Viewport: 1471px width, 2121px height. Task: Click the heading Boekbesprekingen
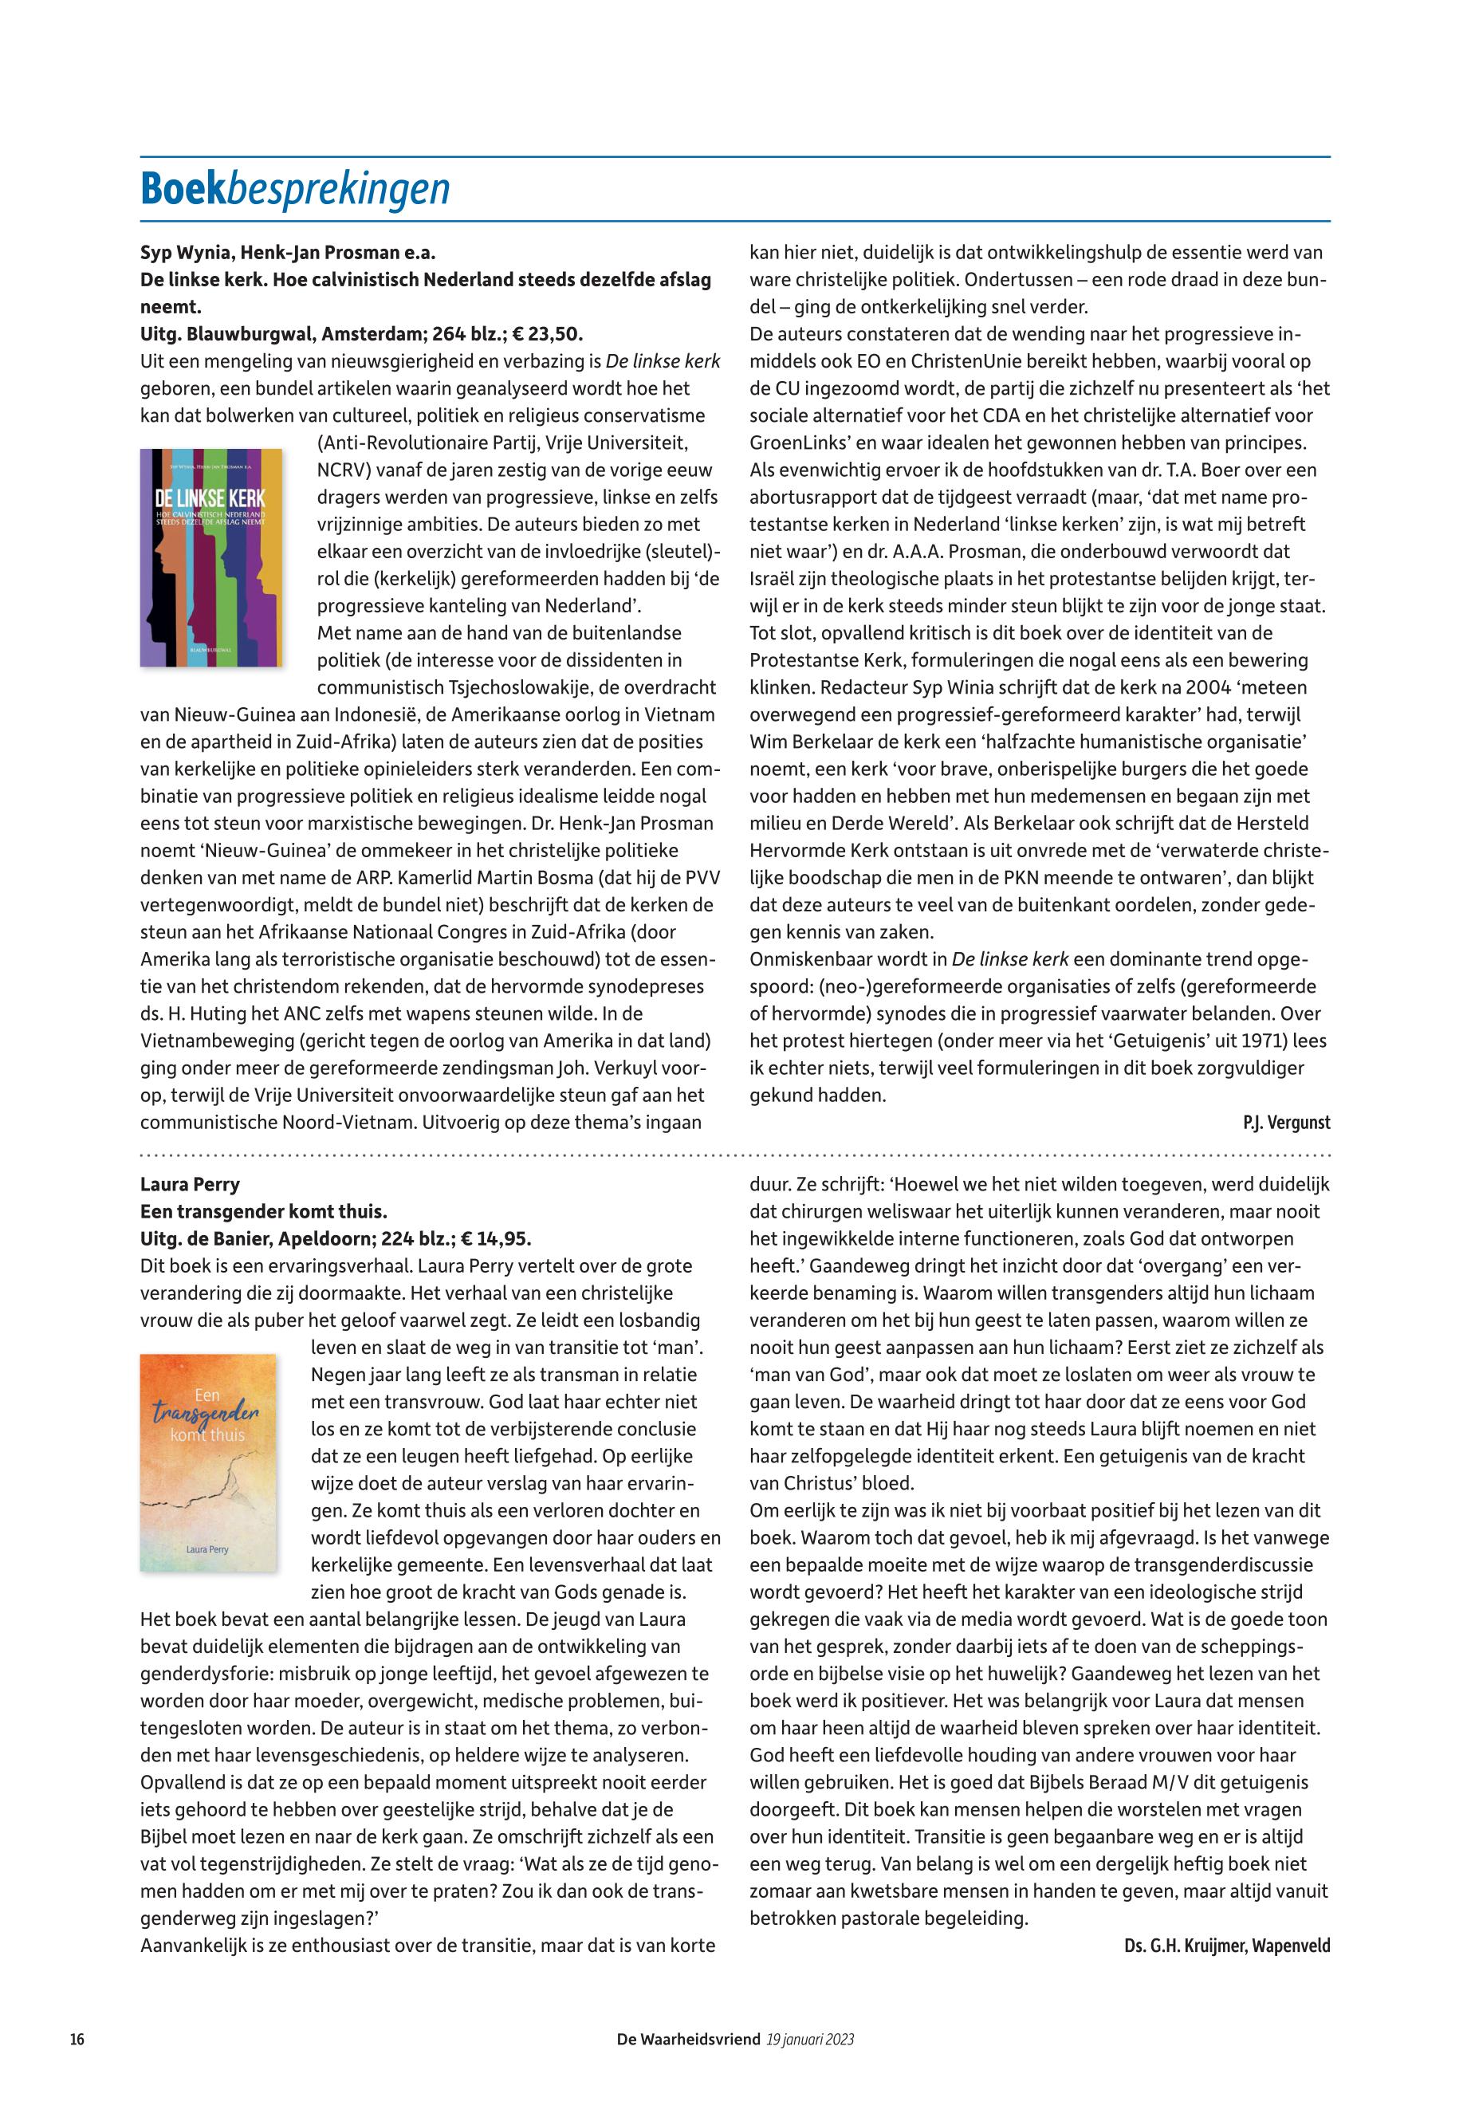(295, 189)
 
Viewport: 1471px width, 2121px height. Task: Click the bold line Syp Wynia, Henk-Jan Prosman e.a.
(288, 252)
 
